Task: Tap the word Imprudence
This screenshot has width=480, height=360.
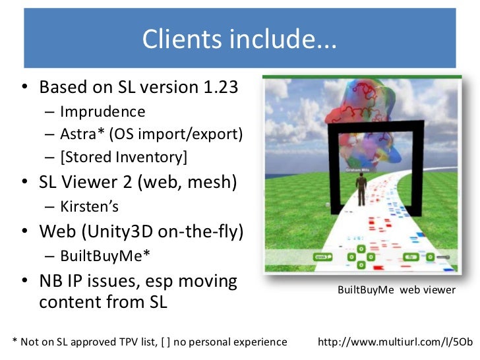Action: [x=102, y=111]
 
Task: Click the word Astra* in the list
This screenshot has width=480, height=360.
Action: [x=82, y=135]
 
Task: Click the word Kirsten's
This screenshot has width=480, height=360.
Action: [x=89, y=206]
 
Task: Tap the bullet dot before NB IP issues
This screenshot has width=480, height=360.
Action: [x=25, y=282]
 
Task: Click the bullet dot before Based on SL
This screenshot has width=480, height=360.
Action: [x=25, y=88]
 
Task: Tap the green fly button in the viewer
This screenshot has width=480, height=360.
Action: [x=410, y=256]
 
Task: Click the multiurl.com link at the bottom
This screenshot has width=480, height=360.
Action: [x=395, y=342]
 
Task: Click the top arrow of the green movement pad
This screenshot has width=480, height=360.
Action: [x=361, y=249]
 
